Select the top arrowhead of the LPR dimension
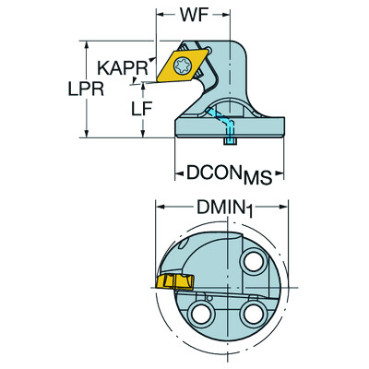click(x=86, y=43)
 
